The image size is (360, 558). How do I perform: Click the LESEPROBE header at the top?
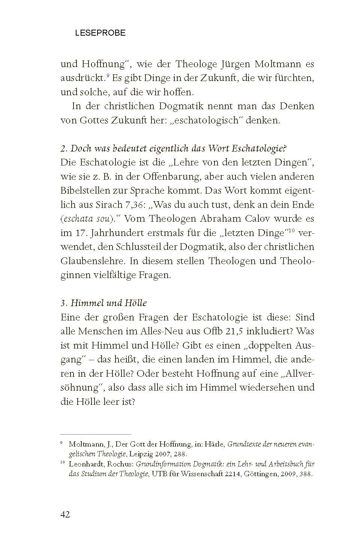[100, 33]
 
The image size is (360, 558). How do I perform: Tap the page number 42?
[65, 514]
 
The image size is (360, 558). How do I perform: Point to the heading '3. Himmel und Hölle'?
[103, 303]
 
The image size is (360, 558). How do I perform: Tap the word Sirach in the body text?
[108, 205]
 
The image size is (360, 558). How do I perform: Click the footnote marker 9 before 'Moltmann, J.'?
[62, 443]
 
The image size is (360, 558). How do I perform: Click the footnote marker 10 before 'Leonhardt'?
[63, 463]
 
